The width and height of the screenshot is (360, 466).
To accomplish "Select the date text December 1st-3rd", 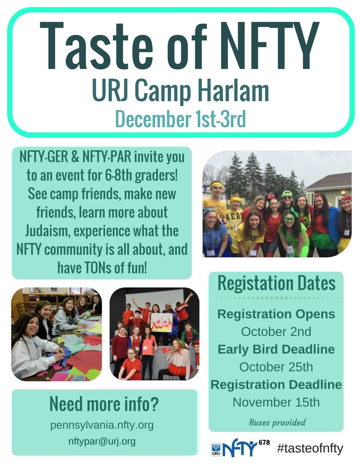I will coord(180,119).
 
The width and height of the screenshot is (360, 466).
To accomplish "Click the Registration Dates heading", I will coord(276,284).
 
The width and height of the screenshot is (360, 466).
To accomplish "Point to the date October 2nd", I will coord(276,331).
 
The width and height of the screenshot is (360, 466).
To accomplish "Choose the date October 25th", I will coord(276,366).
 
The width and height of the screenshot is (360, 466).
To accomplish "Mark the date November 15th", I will coord(276,402).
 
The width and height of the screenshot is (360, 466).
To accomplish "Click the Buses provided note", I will coord(277,422).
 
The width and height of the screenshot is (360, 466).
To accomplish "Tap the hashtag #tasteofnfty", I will coord(310,449).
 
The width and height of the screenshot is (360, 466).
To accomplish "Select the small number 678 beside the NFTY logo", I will coord(263,442).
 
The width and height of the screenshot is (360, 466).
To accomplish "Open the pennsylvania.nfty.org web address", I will coord(102,425).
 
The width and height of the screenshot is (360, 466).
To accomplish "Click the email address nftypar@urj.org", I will coord(102,441).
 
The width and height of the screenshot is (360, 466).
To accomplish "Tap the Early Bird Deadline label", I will coord(276,349).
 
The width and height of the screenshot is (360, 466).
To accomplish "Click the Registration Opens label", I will coord(276,314).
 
